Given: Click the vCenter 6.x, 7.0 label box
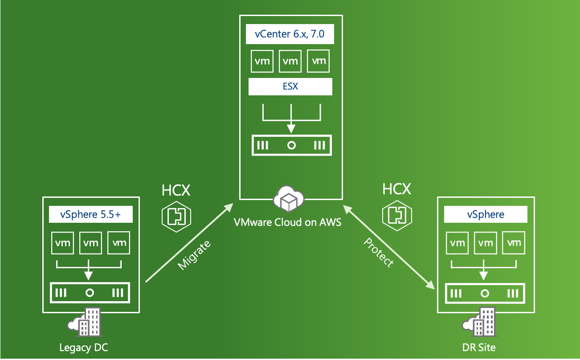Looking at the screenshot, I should [290, 35].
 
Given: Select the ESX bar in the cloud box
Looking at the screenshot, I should [290, 86].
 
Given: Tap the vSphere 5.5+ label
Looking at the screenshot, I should [90, 215].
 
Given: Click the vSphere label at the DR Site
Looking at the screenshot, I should [486, 214].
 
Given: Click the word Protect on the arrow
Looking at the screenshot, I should [379, 252].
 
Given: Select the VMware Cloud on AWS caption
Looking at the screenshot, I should [288, 221].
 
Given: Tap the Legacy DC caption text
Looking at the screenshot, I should [84, 347].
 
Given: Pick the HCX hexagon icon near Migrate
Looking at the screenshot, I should [176, 216].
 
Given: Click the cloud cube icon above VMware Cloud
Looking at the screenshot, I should [289, 200].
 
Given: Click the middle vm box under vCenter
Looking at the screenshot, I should [290, 61].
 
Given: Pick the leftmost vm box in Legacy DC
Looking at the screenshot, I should [62, 243].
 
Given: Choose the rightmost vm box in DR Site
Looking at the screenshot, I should [514, 243].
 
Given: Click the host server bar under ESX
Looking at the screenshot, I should [291, 146].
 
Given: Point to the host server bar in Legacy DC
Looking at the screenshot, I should [90, 293].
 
